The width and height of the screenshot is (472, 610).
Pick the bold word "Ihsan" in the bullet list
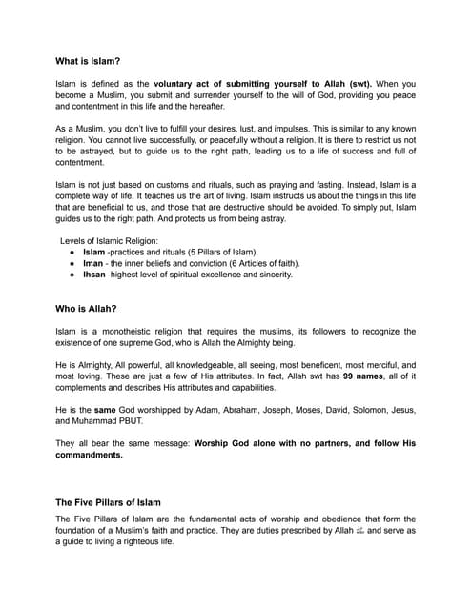click(x=95, y=274)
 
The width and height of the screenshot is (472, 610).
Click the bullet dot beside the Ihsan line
click(x=73, y=274)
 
